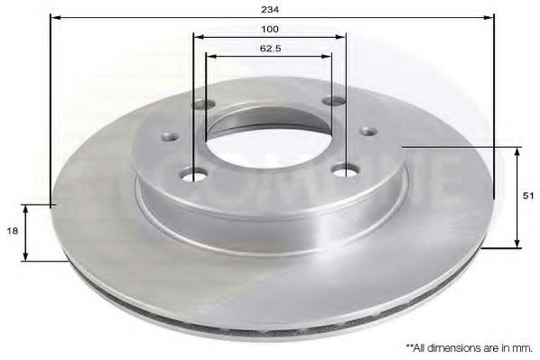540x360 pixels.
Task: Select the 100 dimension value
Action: pos(270,29)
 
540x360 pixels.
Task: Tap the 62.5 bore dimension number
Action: pos(268,48)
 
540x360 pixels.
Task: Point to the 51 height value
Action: pos(527,195)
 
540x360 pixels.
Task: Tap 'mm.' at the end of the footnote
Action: pos(522,346)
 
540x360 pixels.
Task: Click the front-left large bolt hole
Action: pos(194,174)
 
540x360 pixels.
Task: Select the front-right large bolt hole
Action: pos(343,170)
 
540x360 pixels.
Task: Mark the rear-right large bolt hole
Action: pos(338,102)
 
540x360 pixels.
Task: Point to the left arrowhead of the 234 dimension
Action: pos(52,17)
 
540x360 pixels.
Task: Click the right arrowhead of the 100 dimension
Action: pos(342,37)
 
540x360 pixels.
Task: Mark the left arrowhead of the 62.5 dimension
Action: pos(209,56)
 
